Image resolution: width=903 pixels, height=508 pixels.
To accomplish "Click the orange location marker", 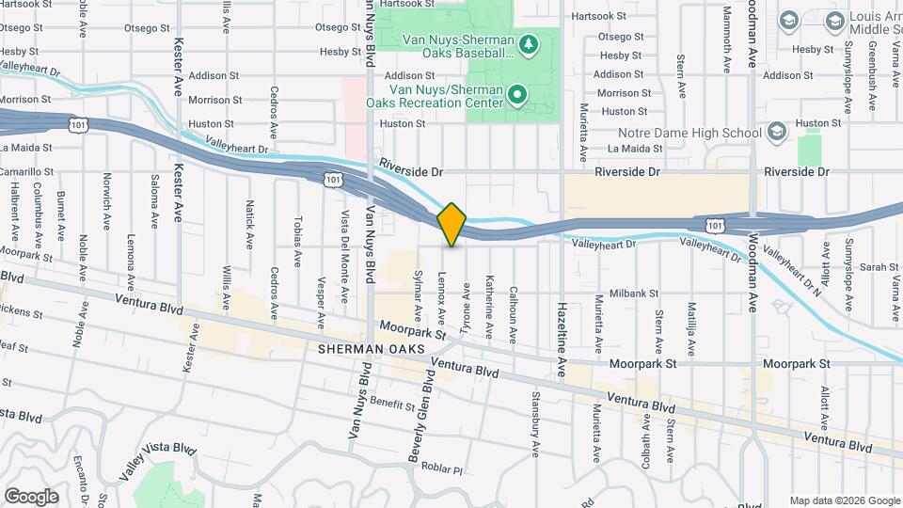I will click(452, 225).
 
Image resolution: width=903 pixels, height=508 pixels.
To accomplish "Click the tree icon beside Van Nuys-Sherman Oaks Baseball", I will click(529, 43).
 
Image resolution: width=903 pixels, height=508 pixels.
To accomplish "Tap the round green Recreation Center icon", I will click(516, 94).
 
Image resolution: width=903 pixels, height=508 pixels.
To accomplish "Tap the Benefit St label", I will click(392, 405).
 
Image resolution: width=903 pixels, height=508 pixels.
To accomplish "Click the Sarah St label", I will click(880, 267).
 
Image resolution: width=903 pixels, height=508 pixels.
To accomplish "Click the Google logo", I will click(31, 496).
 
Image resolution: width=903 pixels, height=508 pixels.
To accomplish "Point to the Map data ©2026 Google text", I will click(843, 500).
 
